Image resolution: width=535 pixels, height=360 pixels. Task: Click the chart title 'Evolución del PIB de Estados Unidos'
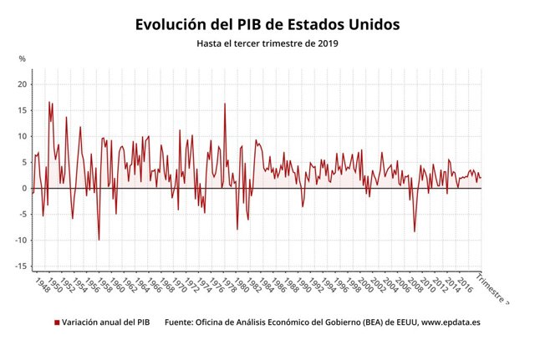coord(267,24)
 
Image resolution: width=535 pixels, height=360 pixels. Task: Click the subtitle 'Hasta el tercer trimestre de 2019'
coord(267,43)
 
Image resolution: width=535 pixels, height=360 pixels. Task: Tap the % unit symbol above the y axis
coord(23,59)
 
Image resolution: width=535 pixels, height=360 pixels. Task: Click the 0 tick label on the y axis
coord(25,188)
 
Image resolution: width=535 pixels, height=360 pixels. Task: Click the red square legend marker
coord(57,322)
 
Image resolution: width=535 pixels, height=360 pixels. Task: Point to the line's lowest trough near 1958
coord(99,240)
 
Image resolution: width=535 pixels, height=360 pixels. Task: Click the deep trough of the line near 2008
coord(415,231)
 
